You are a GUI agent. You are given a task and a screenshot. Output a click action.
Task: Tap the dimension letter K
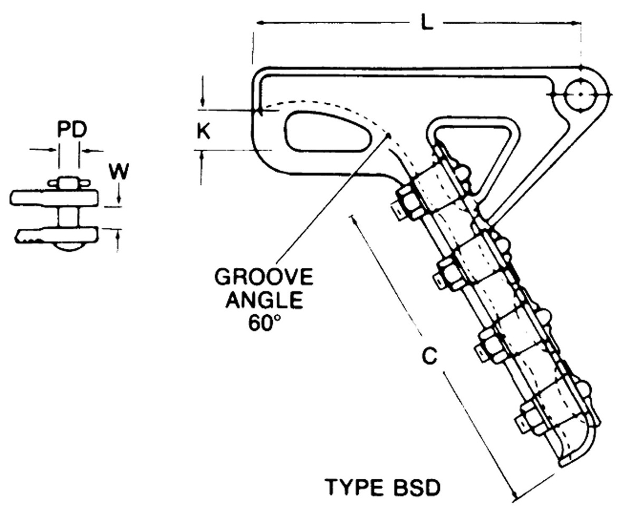pos(204,130)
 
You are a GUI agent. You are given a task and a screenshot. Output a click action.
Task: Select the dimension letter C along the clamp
pos(430,357)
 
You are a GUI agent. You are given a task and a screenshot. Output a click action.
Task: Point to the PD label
pos(72,130)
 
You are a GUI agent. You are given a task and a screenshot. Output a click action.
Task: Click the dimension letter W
pos(119,171)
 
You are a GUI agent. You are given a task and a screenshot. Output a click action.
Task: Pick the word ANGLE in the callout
pos(264,301)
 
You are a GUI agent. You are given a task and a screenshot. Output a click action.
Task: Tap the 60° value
pos(264,323)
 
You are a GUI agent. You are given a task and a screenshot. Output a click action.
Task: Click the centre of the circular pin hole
pos(579,94)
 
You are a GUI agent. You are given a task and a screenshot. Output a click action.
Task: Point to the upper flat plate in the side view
pos(55,198)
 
